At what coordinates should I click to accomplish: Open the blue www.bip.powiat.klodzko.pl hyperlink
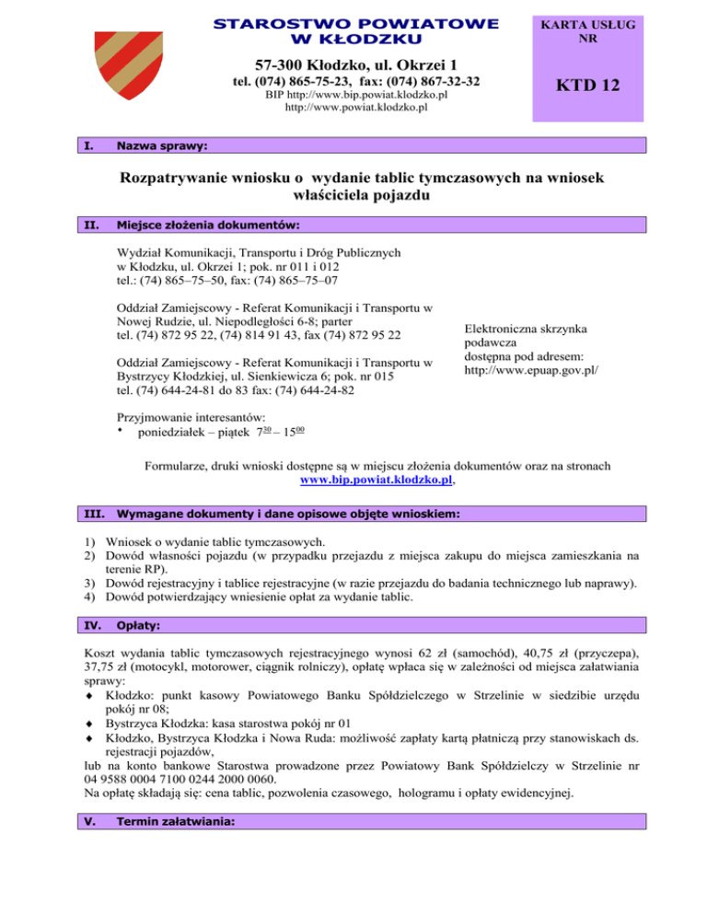point(377,480)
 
